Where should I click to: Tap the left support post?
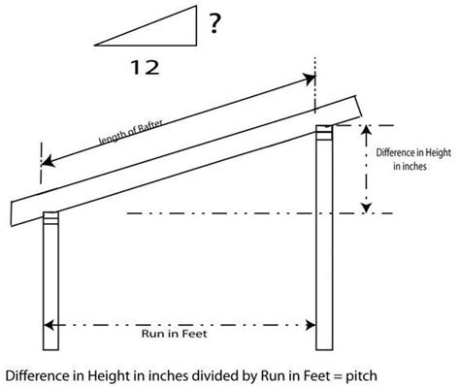(x=52, y=281)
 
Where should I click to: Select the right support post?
(x=325, y=242)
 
